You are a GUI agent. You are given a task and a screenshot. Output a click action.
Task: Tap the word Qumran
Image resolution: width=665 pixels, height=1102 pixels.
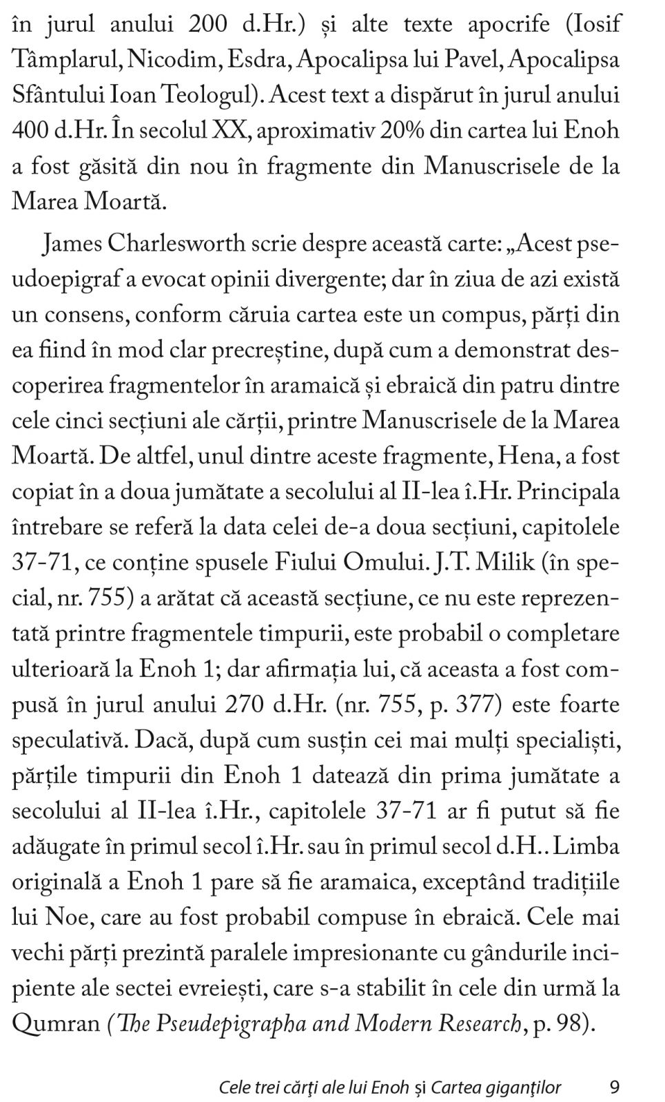pos(57,1023)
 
